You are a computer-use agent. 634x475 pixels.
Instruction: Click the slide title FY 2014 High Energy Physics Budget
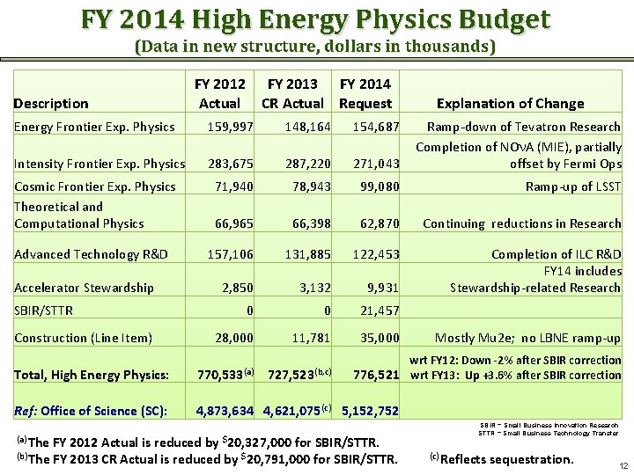pyautogui.click(x=316, y=18)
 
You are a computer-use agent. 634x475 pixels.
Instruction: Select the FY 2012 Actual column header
pyautogui.click(x=219, y=93)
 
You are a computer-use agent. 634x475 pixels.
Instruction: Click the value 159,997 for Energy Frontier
pyautogui.click(x=230, y=128)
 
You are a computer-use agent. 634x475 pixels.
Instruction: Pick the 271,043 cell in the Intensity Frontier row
pyautogui.click(x=377, y=164)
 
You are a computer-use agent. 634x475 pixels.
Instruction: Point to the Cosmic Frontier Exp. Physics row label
pyautogui.click(x=95, y=186)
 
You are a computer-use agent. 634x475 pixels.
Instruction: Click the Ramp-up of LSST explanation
pyautogui.click(x=572, y=186)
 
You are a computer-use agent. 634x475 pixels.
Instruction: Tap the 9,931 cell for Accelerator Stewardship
pyautogui.click(x=385, y=288)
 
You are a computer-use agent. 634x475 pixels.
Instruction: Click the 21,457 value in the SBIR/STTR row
pyautogui.click(x=380, y=311)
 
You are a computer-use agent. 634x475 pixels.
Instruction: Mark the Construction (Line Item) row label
pyautogui.click(x=84, y=338)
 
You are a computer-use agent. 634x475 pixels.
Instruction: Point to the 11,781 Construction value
pyautogui.click(x=307, y=338)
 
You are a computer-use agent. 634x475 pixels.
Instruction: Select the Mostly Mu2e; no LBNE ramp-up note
pyautogui.click(x=527, y=338)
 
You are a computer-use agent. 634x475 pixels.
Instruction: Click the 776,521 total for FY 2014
pyautogui.click(x=376, y=376)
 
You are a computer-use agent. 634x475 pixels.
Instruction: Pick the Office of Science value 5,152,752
pyautogui.click(x=369, y=411)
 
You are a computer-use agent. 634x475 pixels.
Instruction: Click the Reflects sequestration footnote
pyautogui.click(x=505, y=459)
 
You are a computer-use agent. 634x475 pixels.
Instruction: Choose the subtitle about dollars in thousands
pyautogui.click(x=314, y=46)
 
